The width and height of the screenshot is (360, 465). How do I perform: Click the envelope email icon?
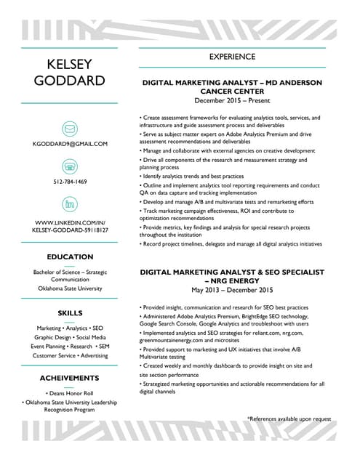click(x=70, y=129)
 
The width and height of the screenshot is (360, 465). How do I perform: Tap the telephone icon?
click(x=70, y=166)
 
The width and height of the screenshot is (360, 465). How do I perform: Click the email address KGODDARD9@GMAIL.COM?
click(x=70, y=144)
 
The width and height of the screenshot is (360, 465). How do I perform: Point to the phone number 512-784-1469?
click(x=70, y=181)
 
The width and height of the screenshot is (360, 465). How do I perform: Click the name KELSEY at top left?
click(x=70, y=62)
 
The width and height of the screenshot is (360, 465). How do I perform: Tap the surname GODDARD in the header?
click(x=70, y=80)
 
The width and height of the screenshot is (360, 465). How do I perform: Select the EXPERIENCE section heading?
click(x=232, y=57)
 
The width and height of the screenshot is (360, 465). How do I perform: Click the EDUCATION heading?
click(x=70, y=257)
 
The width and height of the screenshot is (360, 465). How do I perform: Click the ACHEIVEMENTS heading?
click(x=70, y=379)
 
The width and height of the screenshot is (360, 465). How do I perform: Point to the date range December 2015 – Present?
click(x=232, y=101)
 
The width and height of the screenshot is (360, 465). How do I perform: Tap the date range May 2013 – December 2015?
click(x=232, y=290)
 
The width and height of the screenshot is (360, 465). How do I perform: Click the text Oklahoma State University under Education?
click(x=70, y=288)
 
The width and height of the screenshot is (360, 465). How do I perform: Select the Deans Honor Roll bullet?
click(x=70, y=393)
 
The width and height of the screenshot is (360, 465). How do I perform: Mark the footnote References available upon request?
click(x=289, y=419)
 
